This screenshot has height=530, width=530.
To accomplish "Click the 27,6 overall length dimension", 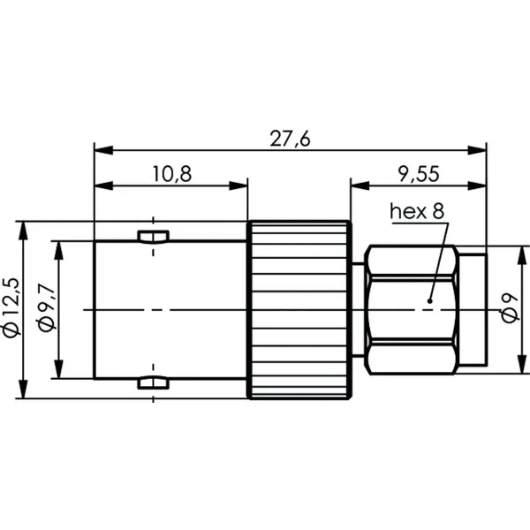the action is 290,139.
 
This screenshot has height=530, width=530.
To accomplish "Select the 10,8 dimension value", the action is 172,174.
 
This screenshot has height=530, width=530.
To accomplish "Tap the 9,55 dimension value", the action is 419,174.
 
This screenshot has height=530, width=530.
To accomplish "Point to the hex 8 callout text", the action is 417,211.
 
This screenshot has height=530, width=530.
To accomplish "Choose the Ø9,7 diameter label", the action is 46,308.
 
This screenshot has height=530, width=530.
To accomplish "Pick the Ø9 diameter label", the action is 510,308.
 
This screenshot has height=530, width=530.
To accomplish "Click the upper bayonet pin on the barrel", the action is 153,237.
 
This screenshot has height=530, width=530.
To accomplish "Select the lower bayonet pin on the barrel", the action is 153,382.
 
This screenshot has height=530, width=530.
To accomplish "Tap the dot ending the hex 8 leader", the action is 429,301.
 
